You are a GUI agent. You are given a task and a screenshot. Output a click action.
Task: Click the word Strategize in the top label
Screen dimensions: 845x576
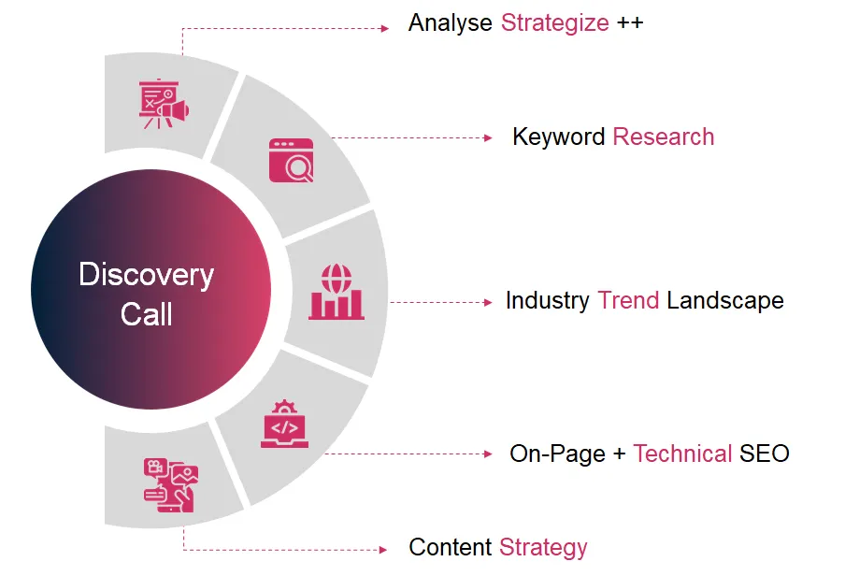point(555,24)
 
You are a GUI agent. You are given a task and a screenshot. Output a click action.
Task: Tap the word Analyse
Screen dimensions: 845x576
point(450,24)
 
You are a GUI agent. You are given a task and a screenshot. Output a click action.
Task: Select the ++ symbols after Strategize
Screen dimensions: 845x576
point(630,22)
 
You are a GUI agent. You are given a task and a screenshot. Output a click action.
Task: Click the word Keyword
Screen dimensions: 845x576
point(558,137)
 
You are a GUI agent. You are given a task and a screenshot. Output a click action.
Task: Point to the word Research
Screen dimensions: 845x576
point(664,137)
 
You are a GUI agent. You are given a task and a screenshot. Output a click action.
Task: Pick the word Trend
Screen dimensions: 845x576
point(628,300)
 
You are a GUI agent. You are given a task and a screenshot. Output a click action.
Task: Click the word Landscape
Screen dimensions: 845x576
point(724,301)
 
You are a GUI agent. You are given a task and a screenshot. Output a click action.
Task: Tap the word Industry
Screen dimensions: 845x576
point(548,301)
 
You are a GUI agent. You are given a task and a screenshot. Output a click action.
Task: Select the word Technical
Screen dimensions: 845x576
point(682,454)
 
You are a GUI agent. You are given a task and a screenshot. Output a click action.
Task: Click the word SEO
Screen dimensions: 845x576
point(765,454)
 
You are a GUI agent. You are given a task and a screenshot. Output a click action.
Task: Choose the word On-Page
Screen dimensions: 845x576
point(557,454)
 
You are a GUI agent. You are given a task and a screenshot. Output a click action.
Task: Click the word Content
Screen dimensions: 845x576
point(450,547)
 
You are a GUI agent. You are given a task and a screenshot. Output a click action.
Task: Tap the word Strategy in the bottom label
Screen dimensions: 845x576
point(543,548)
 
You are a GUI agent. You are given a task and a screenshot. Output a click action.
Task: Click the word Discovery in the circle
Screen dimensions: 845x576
point(146,276)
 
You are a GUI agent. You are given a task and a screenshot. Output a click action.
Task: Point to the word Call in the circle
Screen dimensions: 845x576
point(146,314)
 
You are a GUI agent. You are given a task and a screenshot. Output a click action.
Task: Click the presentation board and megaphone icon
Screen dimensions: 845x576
point(164,104)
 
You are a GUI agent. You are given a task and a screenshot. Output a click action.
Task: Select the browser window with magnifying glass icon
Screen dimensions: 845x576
point(292,160)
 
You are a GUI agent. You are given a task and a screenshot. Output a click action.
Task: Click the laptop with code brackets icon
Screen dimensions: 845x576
point(284,424)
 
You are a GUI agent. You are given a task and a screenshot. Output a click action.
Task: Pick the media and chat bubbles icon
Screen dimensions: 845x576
point(171,485)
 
